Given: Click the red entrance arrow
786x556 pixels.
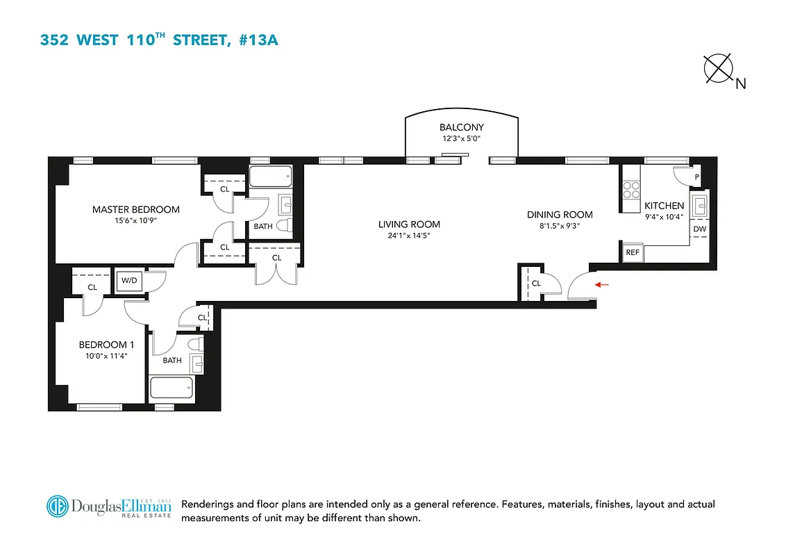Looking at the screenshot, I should (602, 284).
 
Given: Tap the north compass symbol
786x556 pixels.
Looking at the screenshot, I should (719, 70).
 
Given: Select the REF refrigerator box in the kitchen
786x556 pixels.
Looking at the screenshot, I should (633, 252).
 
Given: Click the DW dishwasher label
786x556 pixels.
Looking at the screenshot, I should (699, 229).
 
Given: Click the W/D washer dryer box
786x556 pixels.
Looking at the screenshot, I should (129, 281).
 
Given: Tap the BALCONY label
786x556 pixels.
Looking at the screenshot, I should (461, 127).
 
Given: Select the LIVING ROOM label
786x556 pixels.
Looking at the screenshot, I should (409, 224).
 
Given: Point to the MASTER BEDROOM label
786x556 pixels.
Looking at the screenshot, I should (136, 209).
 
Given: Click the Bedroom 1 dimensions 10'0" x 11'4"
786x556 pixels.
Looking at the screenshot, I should (103, 356).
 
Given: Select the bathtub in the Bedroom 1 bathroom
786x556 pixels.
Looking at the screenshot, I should (171, 388).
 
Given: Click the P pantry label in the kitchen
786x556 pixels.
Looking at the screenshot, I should (697, 177).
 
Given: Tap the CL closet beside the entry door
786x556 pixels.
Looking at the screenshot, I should (536, 284).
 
